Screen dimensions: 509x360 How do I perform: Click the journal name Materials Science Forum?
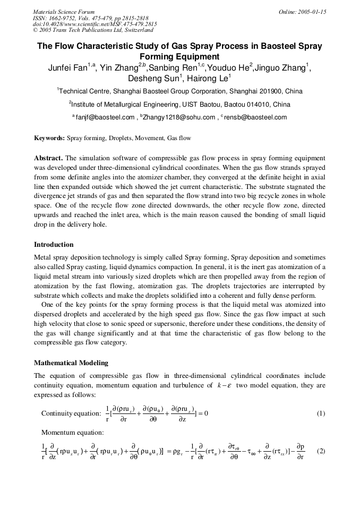(x=64, y=12)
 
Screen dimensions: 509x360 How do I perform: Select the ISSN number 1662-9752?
(x=66, y=18)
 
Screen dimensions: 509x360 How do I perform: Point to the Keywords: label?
(x=49, y=138)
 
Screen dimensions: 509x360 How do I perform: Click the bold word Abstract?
(x=48, y=158)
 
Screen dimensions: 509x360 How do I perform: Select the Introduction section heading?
(x=54, y=245)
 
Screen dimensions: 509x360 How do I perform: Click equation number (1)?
(x=321, y=413)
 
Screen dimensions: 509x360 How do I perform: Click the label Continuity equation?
(x=71, y=413)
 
